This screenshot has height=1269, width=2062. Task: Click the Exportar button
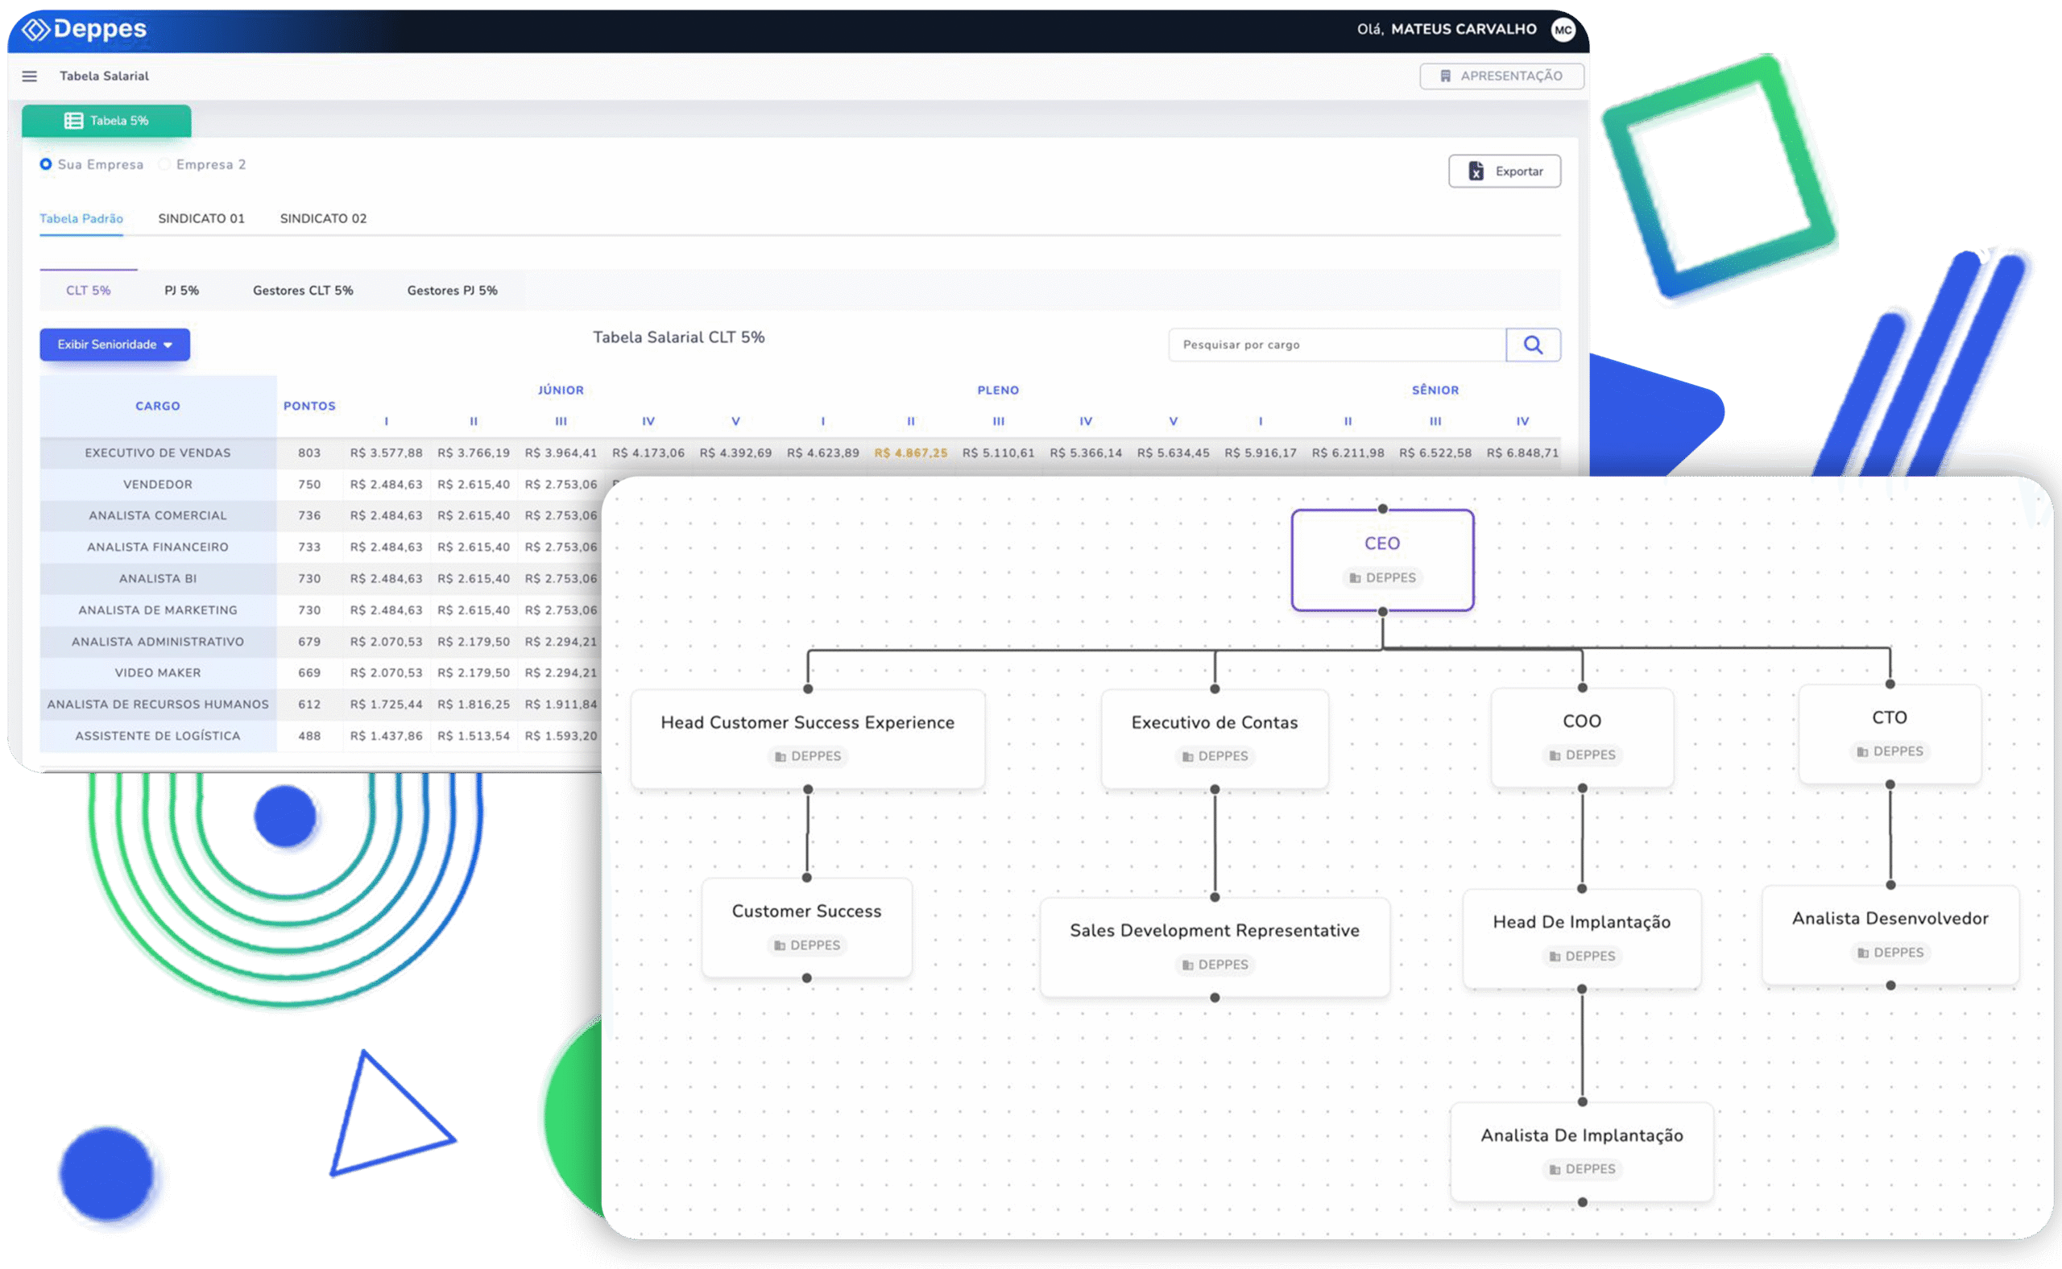coord(1504,172)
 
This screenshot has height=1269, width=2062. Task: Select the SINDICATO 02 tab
coord(323,218)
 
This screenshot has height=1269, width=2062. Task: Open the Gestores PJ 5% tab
coord(452,291)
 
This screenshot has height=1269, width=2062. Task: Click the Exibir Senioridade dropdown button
coord(115,345)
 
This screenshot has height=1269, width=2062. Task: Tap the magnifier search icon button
coord(1532,345)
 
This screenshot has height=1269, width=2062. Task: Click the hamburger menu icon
coord(29,76)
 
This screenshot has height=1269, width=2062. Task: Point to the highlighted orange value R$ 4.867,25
coord(910,453)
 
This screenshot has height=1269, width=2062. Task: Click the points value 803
coord(309,453)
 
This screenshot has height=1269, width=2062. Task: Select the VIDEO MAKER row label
coord(158,673)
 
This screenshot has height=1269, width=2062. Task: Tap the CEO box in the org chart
coord(1382,560)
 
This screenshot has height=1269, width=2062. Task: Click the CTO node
coord(1889,734)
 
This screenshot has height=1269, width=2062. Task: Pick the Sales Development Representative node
coord(1214,947)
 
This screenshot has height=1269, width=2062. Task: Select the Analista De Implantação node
coord(1582,1151)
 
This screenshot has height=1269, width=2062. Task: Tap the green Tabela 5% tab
coord(106,121)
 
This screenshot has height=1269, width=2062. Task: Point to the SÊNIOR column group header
coord(1435,391)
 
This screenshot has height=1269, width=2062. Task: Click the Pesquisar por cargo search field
coord(1336,345)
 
